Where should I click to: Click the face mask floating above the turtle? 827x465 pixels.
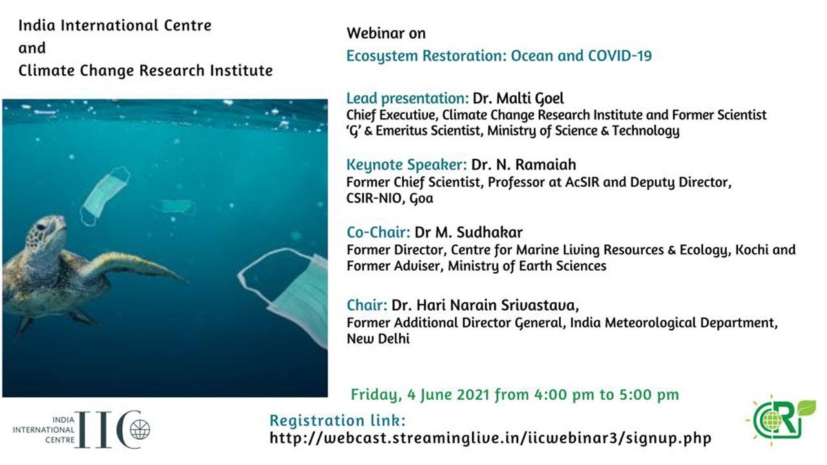105,196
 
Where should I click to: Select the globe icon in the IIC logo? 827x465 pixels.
140,429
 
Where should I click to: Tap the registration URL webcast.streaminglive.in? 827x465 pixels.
490,439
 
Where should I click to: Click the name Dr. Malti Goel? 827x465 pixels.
518,99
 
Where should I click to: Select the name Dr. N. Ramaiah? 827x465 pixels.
523,165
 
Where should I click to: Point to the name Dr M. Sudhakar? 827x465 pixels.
468,232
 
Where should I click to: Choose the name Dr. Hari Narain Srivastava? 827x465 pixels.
485,305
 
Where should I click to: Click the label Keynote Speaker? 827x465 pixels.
406,165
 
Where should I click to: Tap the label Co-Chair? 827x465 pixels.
379,232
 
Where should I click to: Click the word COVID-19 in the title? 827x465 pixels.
620,56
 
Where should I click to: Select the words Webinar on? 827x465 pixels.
386,33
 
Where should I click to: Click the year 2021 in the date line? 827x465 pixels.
474,395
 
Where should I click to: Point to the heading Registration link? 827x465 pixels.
337,420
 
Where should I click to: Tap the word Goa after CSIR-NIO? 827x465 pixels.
422,198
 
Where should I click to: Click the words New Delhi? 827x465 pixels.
378,339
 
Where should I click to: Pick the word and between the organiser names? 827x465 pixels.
32,48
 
